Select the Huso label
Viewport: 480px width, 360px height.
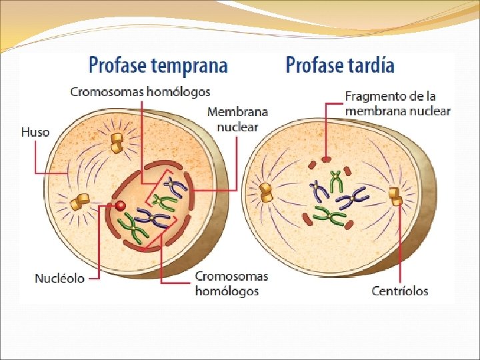click(x=35, y=132)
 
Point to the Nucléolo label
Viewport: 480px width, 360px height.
click(x=60, y=278)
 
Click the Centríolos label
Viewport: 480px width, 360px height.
click(x=399, y=291)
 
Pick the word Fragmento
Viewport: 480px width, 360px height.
click(x=375, y=97)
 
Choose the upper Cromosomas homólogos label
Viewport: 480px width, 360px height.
click(x=140, y=91)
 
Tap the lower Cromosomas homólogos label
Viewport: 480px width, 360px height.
click(x=231, y=283)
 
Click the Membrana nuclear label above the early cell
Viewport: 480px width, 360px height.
click(x=237, y=119)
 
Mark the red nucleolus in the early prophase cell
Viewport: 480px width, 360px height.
click(x=121, y=205)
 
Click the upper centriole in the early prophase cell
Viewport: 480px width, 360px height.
click(x=119, y=141)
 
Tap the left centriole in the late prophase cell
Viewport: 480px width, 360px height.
click(x=267, y=192)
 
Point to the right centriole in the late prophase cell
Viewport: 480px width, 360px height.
click(x=395, y=196)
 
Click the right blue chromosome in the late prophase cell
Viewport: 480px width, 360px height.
click(x=354, y=197)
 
